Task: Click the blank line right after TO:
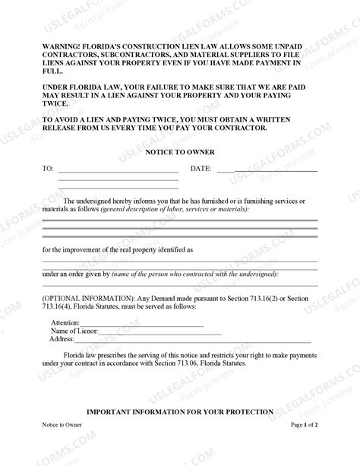[118, 170]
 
